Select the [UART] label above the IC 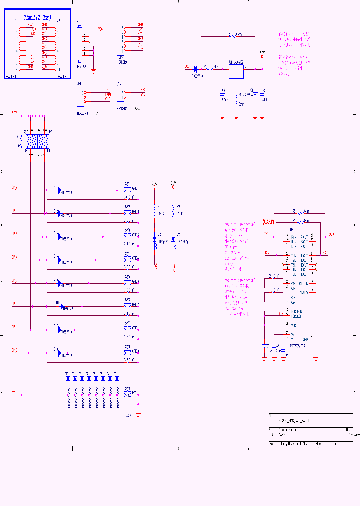[269, 221]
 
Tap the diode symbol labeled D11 [60, 190]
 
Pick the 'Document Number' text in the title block [288, 430]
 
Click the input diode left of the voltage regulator [196, 68]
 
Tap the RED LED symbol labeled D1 [155, 240]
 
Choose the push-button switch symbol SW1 [128, 189]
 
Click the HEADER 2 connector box [120, 93]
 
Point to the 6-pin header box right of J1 [120, 38]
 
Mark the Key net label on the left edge [13, 392]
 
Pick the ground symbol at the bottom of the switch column [138, 414]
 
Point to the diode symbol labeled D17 [60, 330]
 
